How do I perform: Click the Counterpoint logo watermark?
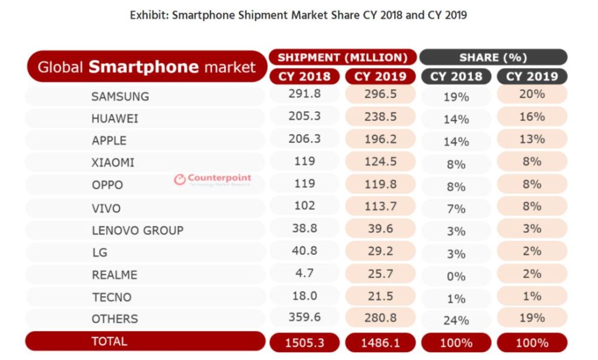click(x=212, y=179)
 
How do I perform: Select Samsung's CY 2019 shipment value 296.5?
click(x=380, y=94)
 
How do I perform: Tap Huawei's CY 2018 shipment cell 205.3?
click(x=304, y=116)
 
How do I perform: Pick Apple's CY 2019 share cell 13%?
click(x=532, y=139)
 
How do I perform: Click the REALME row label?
click(x=114, y=275)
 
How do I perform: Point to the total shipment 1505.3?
click(x=304, y=343)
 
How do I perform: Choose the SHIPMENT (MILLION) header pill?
click(x=343, y=57)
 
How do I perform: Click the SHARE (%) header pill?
click(x=493, y=57)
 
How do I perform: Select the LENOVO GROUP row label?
click(x=138, y=230)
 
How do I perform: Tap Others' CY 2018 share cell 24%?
click(x=456, y=321)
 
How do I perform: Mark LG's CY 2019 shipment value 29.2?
click(x=380, y=251)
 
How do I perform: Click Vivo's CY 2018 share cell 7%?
click(x=456, y=209)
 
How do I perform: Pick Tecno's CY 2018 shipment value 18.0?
click(x=304, y=296)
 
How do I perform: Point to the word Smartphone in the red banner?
click(x=144, y=67)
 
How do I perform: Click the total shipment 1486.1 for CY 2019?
click(x=380, y=343)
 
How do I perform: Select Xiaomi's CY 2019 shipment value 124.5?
click(x=380, y=161)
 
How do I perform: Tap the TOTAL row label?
click(x=109, y=341)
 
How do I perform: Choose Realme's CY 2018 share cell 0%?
click(x=456, y=276)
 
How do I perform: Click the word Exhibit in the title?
click(x=148, y=16)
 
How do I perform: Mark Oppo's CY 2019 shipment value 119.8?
click(x=380, y=184)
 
